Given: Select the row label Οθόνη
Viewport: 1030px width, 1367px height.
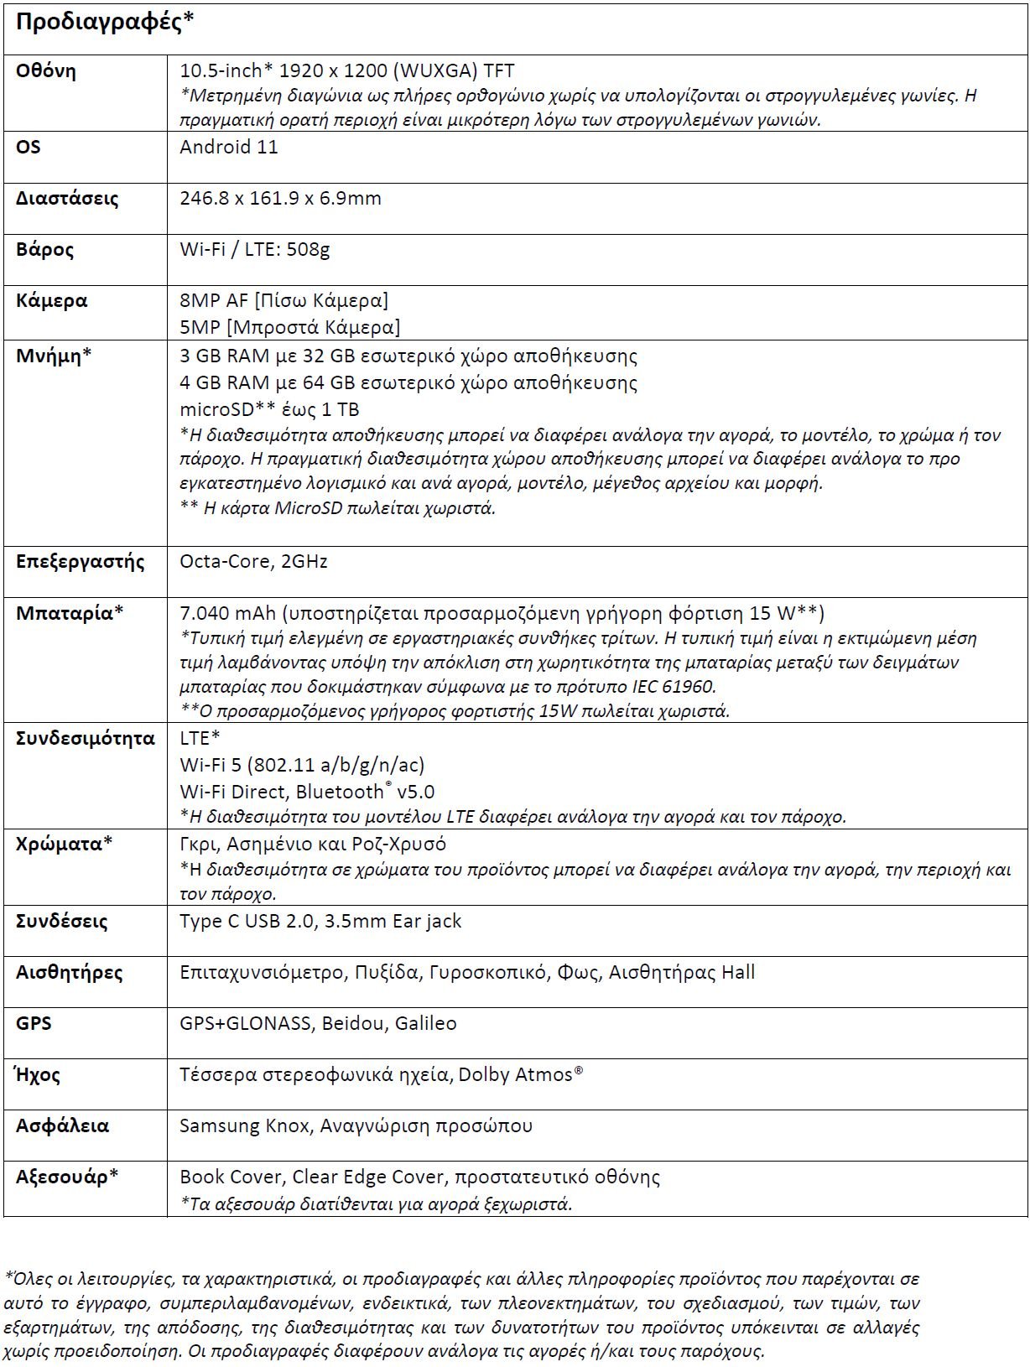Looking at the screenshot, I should pos(46,71).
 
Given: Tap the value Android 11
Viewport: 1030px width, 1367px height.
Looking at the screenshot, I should pos(228,148).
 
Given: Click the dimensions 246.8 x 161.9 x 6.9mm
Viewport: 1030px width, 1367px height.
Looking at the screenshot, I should pos(280,199).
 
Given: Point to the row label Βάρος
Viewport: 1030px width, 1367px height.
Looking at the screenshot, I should pos(44,250).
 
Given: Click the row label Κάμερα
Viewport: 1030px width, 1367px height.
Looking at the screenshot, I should pos(51,301).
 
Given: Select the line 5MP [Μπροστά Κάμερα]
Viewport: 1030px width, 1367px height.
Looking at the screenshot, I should pos(289,327).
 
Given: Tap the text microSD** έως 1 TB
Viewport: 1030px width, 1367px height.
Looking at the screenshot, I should pos(269,409).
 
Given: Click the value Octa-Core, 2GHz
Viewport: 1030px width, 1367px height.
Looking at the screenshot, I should pos(253,562).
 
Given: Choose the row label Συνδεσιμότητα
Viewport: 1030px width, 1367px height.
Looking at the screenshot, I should pos(86,739).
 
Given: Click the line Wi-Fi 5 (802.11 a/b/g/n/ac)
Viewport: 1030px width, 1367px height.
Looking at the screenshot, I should pos(302,765).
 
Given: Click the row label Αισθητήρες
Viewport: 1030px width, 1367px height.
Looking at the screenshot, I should pos(69,973).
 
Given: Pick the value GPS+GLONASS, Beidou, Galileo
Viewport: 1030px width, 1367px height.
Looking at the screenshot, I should pos(318,1024).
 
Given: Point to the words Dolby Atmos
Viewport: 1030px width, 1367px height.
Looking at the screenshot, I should pos(515,1075).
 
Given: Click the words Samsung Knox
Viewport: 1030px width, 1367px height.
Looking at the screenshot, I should pos(244,1126).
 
